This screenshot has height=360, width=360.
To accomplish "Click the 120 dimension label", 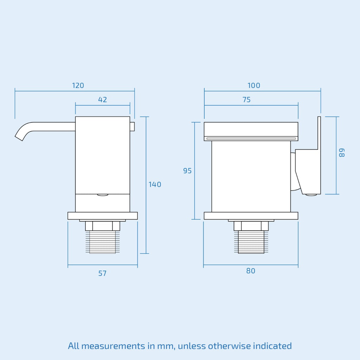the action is (78, 85).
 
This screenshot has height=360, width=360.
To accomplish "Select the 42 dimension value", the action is (102, 99).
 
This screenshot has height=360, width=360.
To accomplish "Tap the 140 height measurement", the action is (155, 184).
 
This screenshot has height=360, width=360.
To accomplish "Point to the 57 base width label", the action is (102, 274).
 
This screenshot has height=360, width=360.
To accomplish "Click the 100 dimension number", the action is (254, 85).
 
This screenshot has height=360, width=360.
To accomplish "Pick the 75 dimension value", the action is (246, 99).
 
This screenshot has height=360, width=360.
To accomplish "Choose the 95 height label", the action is (187, 171).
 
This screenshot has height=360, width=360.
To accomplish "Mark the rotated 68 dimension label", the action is (342, 153).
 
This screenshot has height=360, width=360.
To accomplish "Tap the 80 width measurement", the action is (251, 271).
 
